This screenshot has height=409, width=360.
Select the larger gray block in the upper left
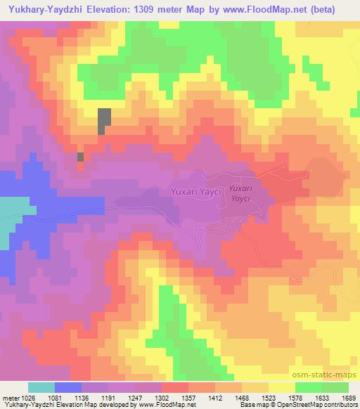point(104,122)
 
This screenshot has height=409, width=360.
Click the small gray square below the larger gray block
point(80,157)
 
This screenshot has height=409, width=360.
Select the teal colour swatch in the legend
point(41,387)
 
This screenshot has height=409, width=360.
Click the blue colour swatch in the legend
point(67,387)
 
